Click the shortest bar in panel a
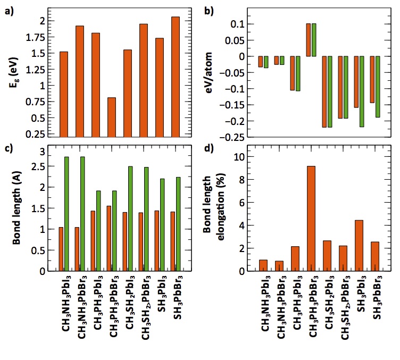(111, 118)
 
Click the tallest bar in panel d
(311, 219)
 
